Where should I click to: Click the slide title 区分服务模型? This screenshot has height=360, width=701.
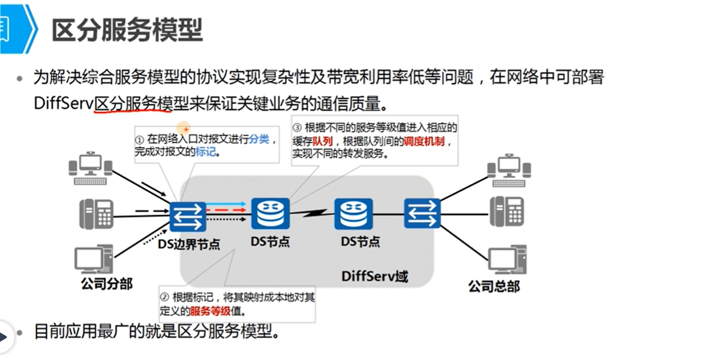(x=127, y=30)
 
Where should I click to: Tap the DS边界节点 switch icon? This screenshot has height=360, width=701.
(x=188, y=217)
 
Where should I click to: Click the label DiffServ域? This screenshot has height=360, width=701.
(x=375, y=276)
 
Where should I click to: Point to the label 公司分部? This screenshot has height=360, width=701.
(x=106, y=283)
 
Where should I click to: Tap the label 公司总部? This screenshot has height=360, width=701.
(x=494, y=286)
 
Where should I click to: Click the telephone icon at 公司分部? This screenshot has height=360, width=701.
(x=96, y=215)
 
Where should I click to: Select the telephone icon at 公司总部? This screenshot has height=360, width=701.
(x=506, y=211)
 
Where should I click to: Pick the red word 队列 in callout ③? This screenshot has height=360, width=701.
(x=323, y=141)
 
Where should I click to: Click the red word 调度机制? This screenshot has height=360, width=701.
(x=423, y=141)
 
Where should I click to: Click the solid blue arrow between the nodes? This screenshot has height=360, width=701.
(x=227, y=204)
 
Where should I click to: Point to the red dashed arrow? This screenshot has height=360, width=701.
(x=227, y=211)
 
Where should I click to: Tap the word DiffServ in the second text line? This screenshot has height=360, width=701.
(x=63, y=104)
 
